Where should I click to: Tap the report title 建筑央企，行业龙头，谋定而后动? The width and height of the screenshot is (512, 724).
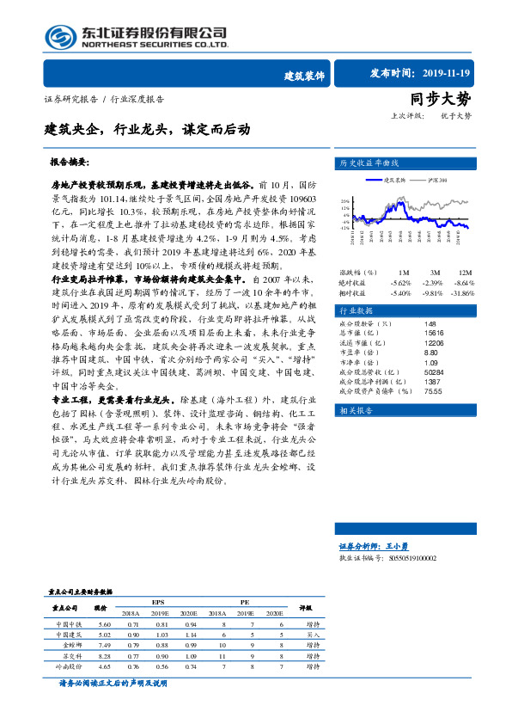coord(149,130)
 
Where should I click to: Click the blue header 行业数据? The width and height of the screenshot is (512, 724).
coord(358,310)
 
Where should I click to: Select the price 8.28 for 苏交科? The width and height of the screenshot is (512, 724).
coord(105,655)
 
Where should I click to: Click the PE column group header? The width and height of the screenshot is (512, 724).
coord(245,603)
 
